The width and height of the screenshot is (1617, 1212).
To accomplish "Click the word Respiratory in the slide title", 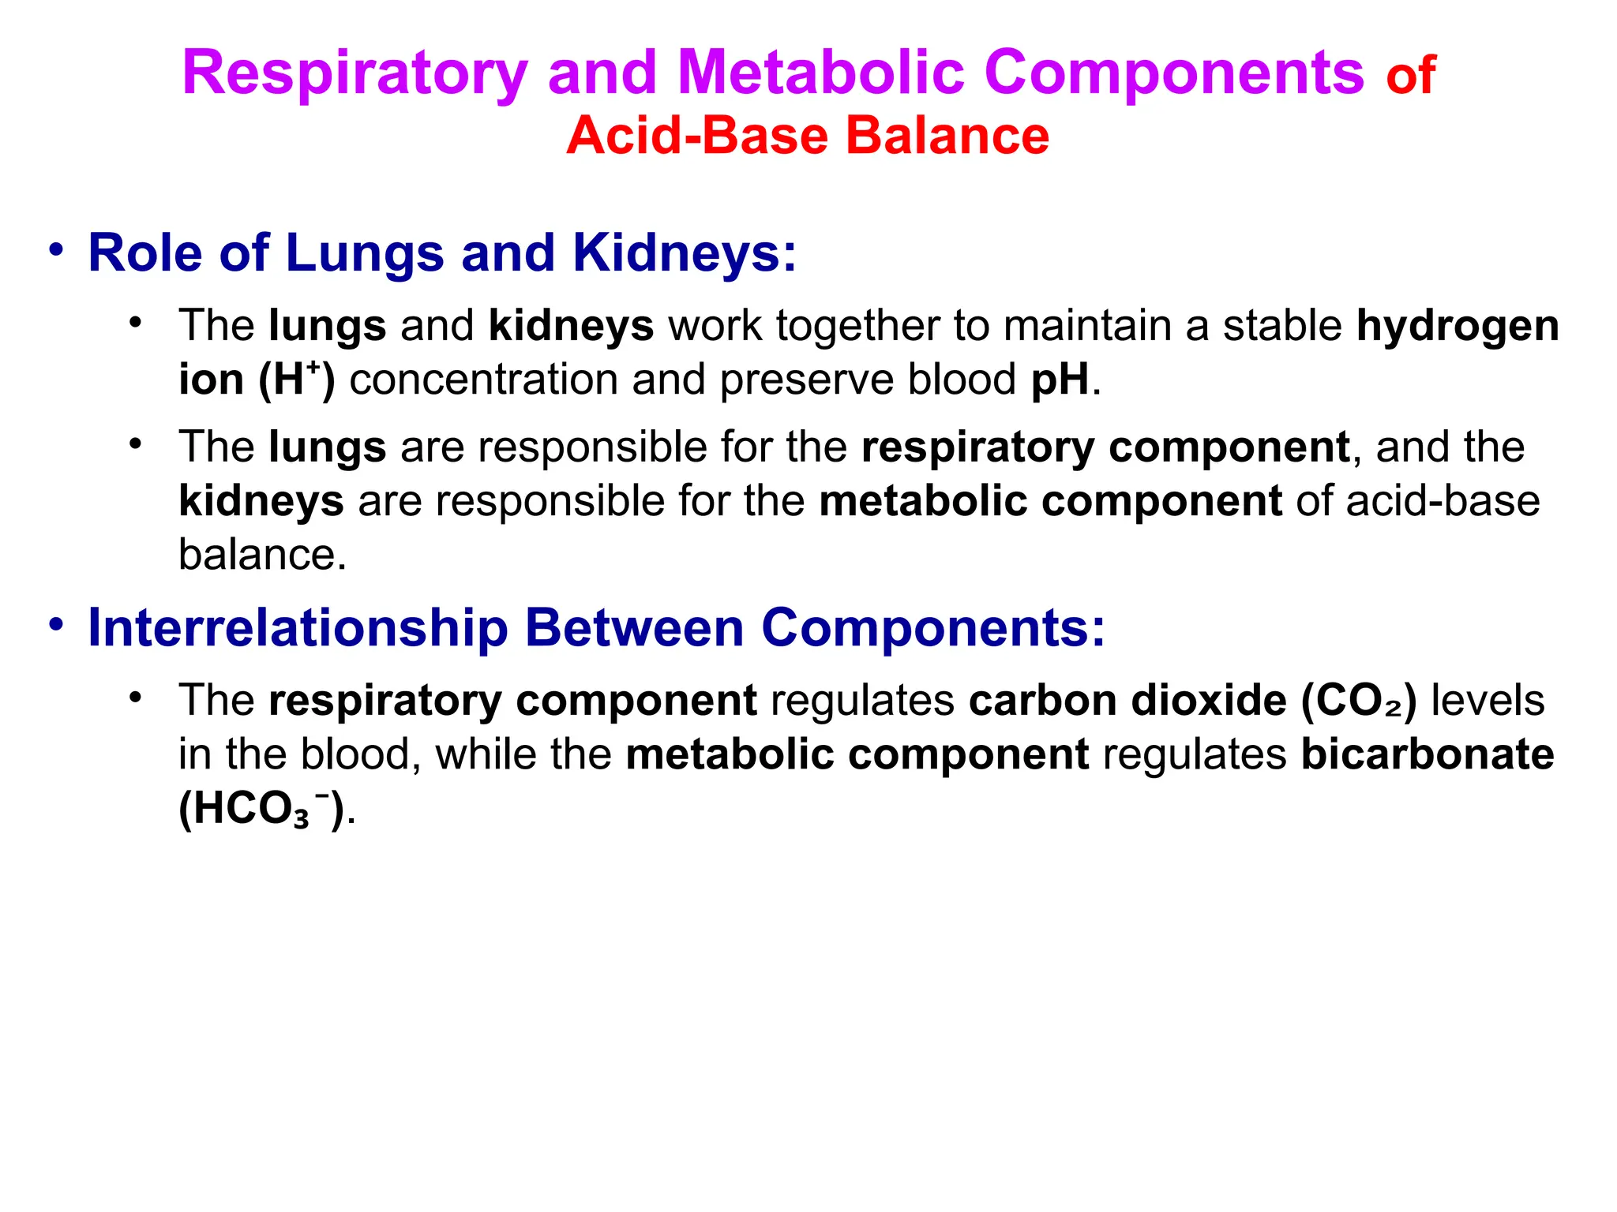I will [x=355, y=73].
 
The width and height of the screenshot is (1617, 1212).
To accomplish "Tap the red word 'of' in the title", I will [x=1410, y=77].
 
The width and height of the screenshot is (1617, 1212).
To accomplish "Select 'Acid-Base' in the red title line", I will [x=696, y=136].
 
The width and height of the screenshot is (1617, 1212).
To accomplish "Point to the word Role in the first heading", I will [x=145, y=253].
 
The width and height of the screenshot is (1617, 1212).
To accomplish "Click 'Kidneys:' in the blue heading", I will [x=685, y=253].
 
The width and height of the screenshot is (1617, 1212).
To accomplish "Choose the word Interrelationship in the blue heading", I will [x=298, y=628].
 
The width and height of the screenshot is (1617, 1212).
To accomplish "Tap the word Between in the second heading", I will [x=634, y=628].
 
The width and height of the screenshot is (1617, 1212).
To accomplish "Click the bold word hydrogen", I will [x=1458, y=326].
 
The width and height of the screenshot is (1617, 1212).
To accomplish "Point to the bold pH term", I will [x=1060, y=380].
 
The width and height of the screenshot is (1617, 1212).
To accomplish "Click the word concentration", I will [x=483, y=380].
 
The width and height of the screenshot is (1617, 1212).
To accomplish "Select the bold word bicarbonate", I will [x=1428, y=754].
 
